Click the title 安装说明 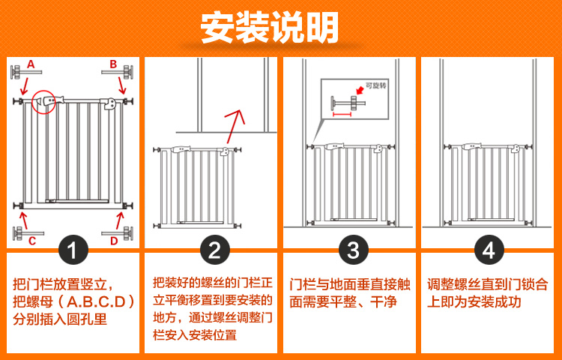270,28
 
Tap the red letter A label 31,64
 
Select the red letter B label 113,64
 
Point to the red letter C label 32,241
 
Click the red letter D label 114,241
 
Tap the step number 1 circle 73,250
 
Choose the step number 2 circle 214,250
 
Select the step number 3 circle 353,250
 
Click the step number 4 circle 489,250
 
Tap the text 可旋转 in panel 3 375,85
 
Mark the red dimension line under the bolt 342,115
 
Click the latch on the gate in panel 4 516,148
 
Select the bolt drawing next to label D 116,233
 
